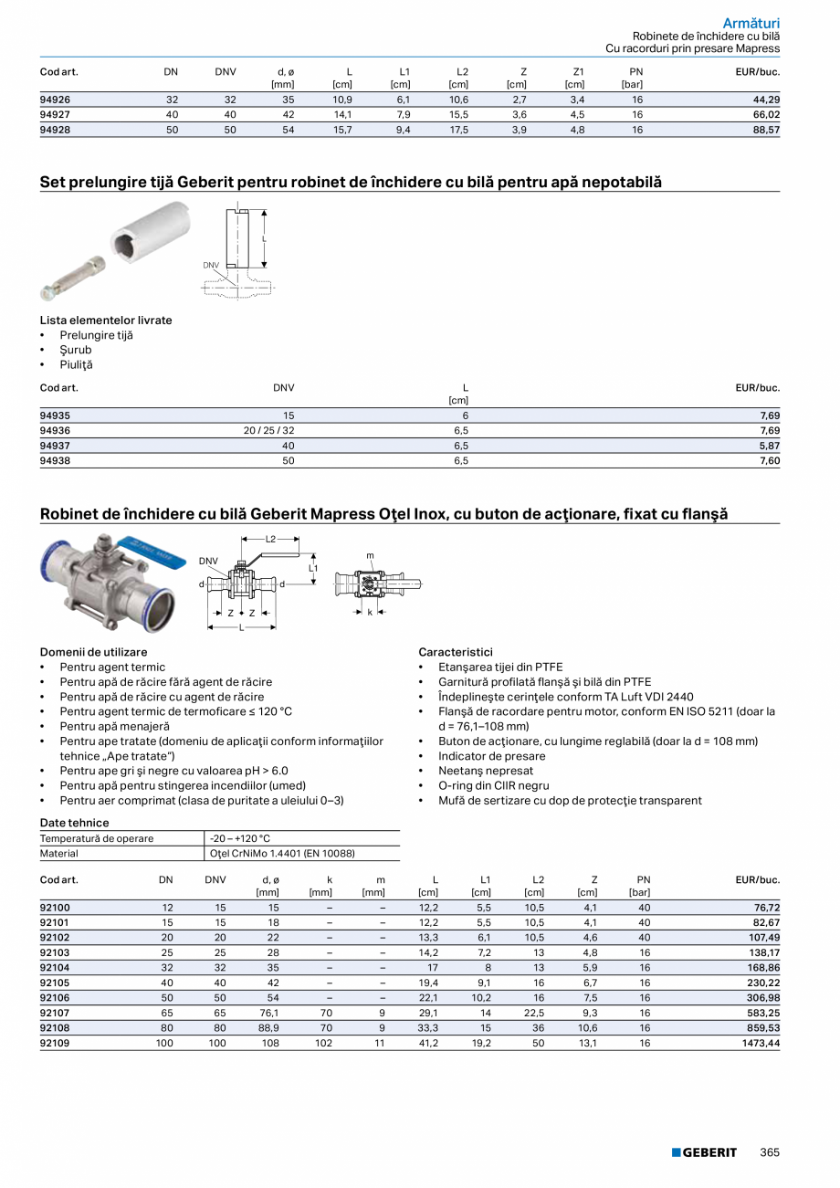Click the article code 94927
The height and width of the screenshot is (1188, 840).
(x=55, y=115)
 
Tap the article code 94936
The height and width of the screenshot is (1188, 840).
(x=55, y=430)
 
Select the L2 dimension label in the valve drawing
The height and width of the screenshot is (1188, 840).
(x=271, y=540)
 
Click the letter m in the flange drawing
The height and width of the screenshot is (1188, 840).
(x=370, y=555)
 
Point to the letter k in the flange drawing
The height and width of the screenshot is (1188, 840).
(x=370, y=613)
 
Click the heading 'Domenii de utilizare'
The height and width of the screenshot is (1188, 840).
(x=93, y=652)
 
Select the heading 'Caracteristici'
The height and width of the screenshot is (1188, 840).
(x=456, y=652)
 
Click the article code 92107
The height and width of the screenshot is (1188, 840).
(x=55, y=1013)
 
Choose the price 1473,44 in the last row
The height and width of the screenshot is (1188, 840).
(x=760, y=1043)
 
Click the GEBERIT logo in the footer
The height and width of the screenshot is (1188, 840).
(x=704, y=1152)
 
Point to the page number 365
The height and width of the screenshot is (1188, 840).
(x=770, y=1152)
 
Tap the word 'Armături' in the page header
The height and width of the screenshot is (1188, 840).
(x=751, y=22)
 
